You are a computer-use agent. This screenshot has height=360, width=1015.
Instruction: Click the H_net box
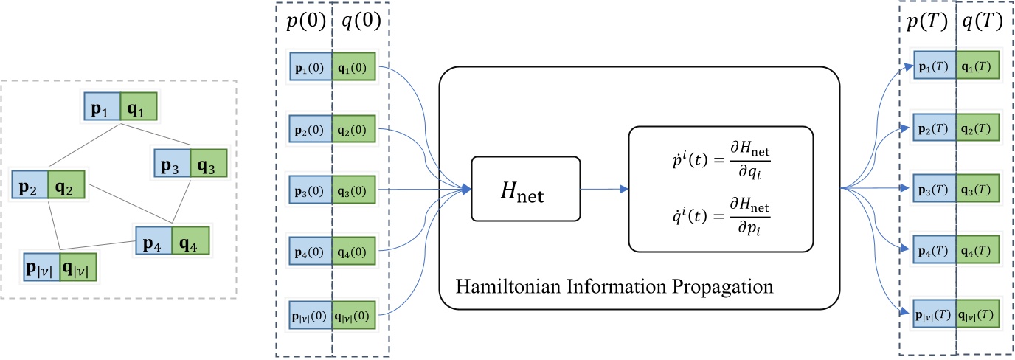[525, 190]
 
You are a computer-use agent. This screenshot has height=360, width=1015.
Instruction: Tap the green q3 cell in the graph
[208, 162]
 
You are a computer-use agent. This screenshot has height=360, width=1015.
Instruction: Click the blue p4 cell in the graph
[153, 240]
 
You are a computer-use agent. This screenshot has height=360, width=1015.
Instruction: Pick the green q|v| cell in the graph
[79, 268]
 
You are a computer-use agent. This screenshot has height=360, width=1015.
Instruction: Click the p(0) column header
[303, 24]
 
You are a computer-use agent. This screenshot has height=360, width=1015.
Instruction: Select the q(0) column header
[359, 24]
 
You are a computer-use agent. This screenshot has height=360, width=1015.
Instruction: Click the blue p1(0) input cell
[311, 64]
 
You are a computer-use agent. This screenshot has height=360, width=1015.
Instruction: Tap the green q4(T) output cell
[978, 246]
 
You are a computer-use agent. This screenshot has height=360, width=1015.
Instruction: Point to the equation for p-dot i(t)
[720, 158]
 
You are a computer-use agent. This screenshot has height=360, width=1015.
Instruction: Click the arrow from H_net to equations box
[603, 190]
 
